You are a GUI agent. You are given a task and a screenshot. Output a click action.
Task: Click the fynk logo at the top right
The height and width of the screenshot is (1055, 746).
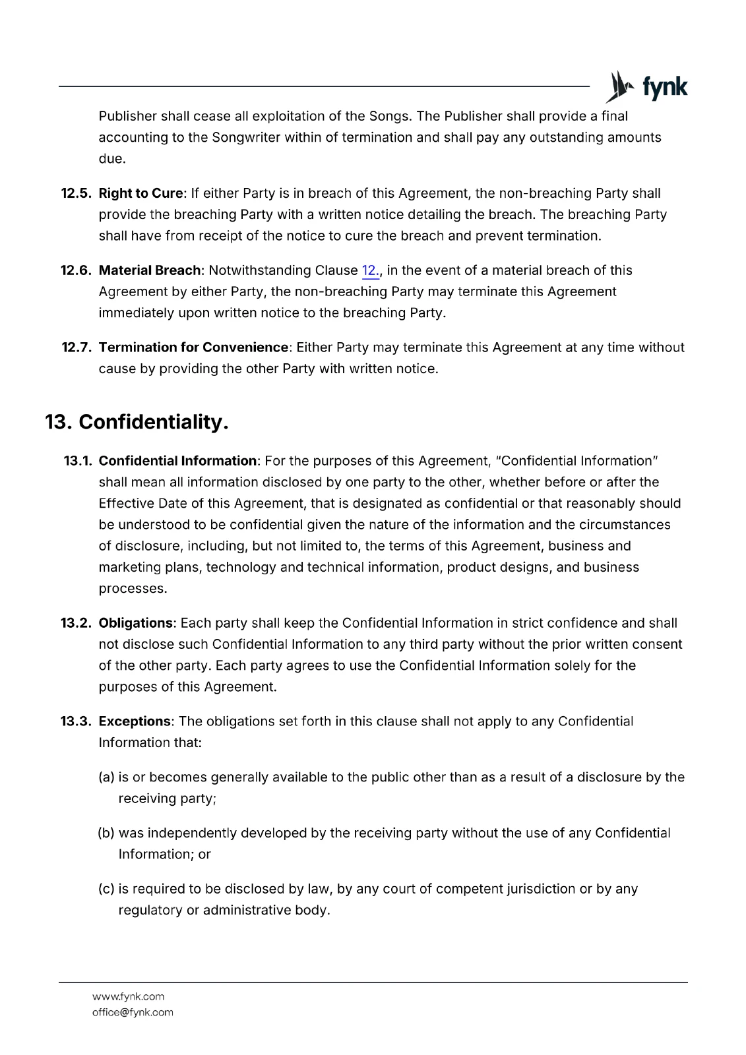click(646, 87)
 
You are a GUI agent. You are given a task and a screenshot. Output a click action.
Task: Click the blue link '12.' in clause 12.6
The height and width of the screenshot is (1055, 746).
click(370, 270)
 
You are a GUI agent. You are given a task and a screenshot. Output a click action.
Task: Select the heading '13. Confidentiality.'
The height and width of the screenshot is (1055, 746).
click(137, 422)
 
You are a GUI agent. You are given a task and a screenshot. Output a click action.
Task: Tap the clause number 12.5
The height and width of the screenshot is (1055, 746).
click(76, 193)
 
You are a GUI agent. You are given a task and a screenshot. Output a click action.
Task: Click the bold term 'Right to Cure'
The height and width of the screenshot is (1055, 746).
click(140, 193)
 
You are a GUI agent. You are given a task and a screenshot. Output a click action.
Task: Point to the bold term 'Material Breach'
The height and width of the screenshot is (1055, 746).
click(150, 270)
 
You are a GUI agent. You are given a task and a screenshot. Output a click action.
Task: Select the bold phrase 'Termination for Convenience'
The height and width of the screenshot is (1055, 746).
click(193, 347)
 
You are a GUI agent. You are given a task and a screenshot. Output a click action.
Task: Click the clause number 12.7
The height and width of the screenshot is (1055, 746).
click(76, 347)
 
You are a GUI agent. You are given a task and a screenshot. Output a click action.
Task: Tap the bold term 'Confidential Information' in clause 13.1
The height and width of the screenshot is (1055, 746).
click(177, 461)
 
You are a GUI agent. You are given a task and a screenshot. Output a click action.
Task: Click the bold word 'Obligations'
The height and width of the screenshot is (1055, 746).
click(136, 623)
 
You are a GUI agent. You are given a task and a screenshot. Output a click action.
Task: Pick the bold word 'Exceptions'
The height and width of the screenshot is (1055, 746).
click(135, 721)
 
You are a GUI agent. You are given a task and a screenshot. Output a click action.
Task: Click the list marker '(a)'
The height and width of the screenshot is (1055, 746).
click(106, 777)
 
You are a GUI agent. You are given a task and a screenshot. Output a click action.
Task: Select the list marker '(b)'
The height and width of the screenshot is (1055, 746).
click(106, 833)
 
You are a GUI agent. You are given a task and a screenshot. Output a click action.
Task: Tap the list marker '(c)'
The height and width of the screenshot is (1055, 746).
click(106, 889)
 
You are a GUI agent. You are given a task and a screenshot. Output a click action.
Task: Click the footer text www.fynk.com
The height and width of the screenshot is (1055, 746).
click(128, 996)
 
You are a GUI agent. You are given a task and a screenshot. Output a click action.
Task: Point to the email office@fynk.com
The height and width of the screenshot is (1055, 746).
click(133, 1012)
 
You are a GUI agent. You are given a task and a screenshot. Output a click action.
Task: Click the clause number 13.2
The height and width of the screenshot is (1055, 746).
click(76, 623)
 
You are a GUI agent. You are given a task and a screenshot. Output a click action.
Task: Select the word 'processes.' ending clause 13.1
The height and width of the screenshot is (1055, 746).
click(133, 588)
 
